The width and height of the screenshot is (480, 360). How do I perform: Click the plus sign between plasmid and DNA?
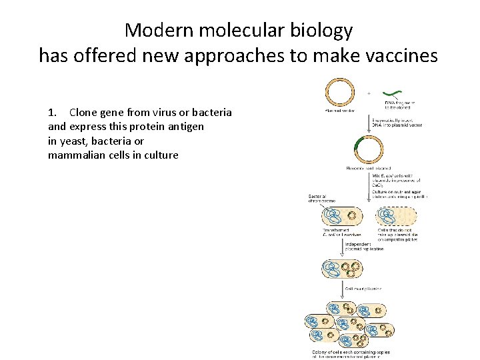pyautogui.click(x=369, y=93)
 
